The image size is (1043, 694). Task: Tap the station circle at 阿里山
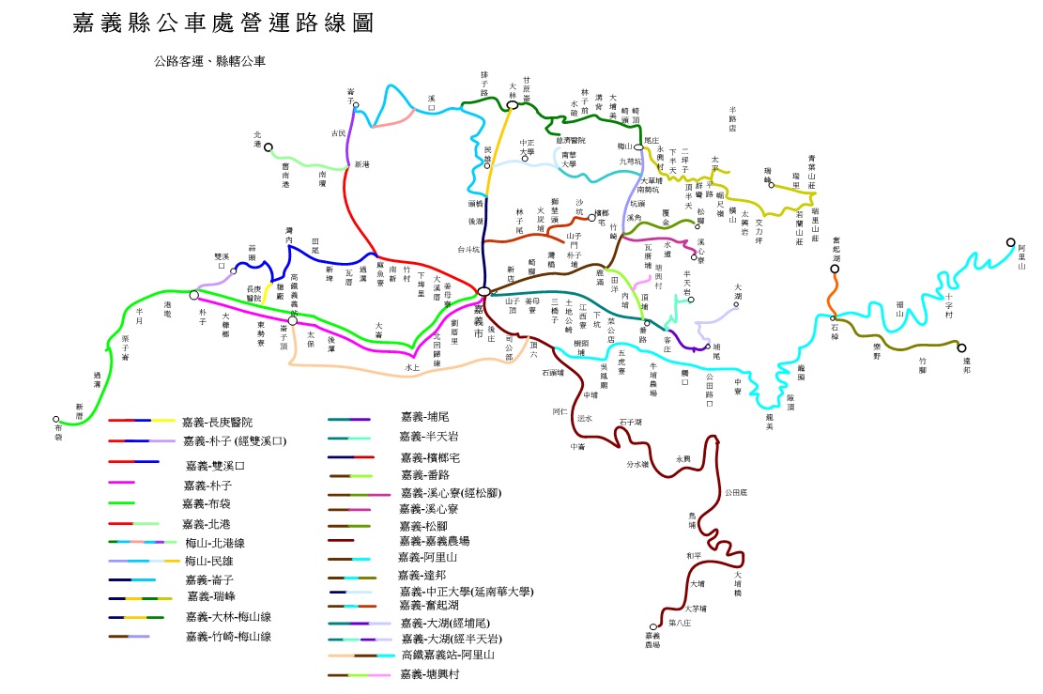pos(1010,248)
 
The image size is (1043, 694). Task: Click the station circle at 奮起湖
pos(834,270)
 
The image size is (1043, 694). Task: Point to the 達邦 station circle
pos(961,347)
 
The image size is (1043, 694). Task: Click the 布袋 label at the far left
pos(57,433)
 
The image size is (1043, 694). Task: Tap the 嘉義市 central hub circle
pos(483,292)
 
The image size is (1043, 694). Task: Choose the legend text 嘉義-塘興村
pos(430,674)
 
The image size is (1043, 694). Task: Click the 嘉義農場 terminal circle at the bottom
pos(653,627)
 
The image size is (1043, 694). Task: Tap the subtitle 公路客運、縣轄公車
pos(210,62)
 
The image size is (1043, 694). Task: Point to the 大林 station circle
pos(513,105)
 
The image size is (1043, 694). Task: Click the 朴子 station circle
pos(194,295)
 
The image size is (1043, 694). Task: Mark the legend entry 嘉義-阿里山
pos(430,557)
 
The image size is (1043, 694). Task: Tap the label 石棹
pos(834,330)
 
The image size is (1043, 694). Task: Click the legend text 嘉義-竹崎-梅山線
pos(228,636)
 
